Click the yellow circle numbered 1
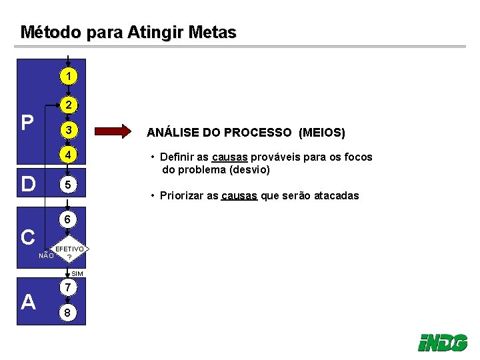(68, 77)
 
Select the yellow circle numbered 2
(68, 105)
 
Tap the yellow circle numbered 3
(68, 129)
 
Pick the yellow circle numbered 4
(68, 156)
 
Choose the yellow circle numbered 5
(68, 184)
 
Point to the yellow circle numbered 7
(68, 288)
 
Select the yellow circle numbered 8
(68, 313)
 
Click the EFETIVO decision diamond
(69, 252)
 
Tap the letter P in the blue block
(27, 123)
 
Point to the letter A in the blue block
(28, 302)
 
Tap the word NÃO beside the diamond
(45, 255)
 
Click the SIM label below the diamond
(77, 274)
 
